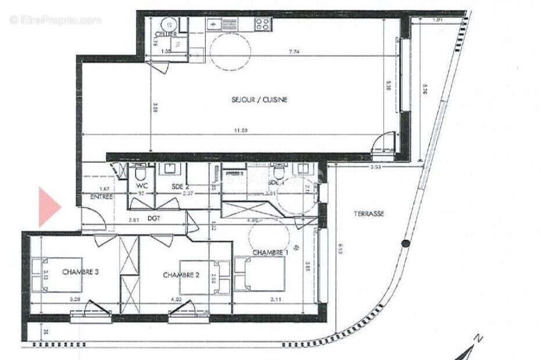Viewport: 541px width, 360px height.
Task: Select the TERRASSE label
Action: tap(369, 214)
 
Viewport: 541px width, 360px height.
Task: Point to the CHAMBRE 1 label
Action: tap(270, 253)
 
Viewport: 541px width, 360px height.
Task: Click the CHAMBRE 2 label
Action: tap(182, 275)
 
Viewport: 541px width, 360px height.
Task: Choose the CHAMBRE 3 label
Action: tap(80, 272)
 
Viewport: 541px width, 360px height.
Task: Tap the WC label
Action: tap(140, 185)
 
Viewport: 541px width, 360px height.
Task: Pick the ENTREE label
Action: tap(101, 197)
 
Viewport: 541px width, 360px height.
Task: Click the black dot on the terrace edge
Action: tap(405, 244)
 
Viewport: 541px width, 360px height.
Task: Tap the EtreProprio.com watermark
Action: tap(55, 20)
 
